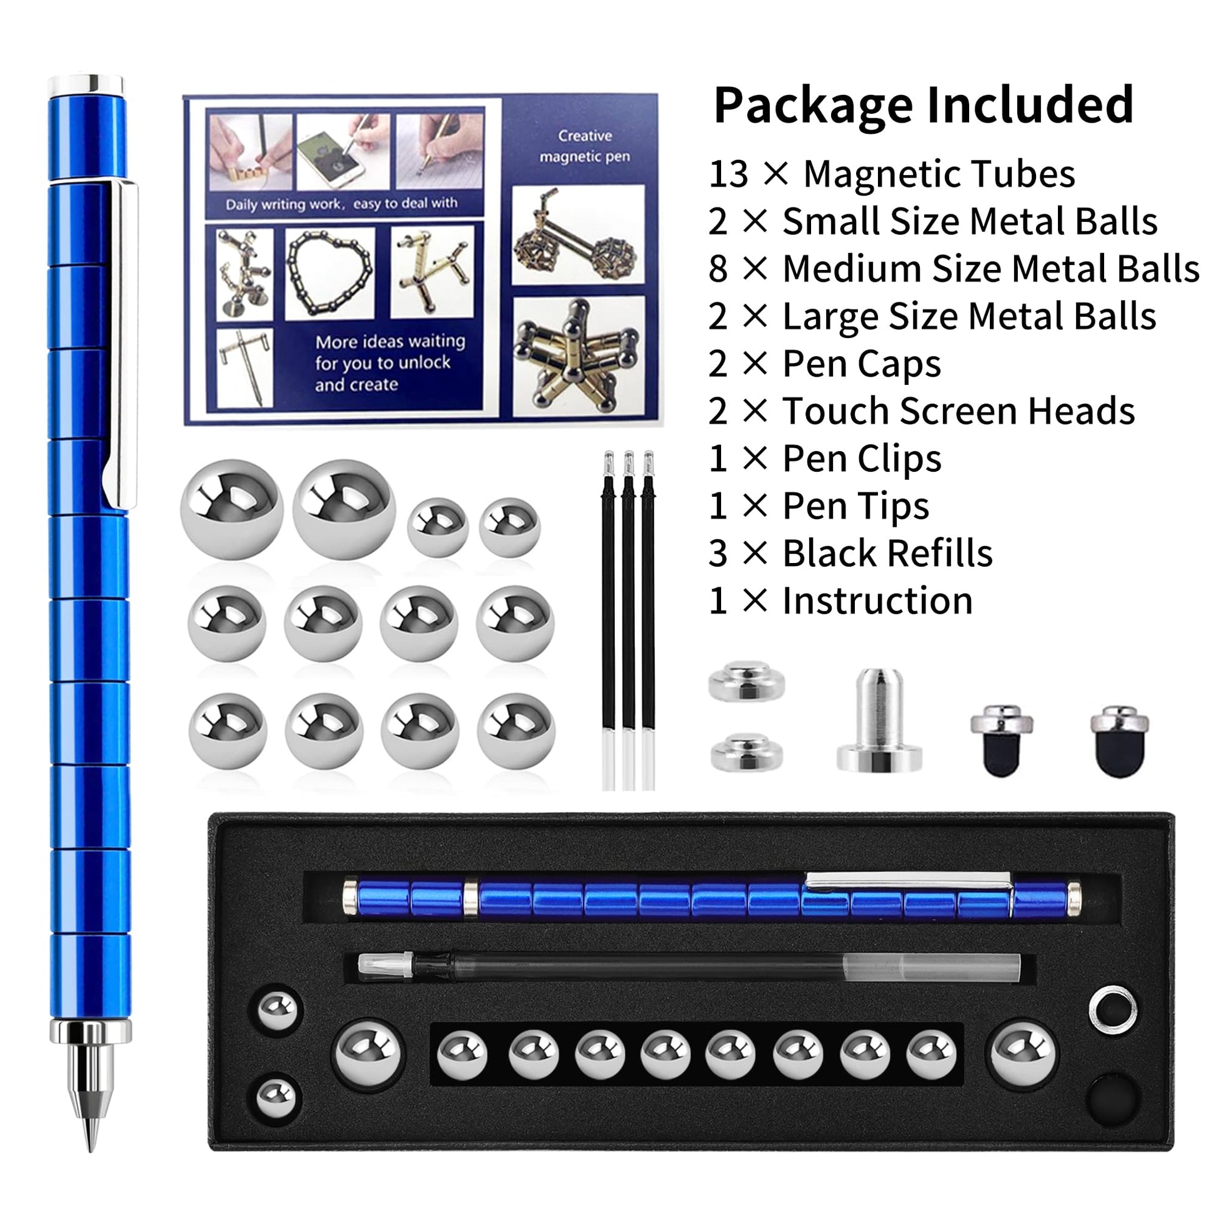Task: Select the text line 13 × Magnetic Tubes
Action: pos(891,174)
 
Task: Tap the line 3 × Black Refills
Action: pos(850,553)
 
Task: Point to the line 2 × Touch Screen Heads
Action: pos(922,411)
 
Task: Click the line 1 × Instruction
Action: pos(840,601)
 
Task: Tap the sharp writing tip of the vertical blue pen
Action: pos(90,1147)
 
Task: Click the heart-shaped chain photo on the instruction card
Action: pos(329,272)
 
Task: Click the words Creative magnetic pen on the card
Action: pos(585,146)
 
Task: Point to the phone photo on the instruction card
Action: pos(343,152)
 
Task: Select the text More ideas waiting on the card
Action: pos(390,342)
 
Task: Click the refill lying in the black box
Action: pos(689,967)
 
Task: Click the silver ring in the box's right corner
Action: pos(1112,1010)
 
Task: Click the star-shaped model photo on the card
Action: pos(579,356)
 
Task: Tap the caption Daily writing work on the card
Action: pos(284,204)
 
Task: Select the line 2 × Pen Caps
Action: pos(824,364)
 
